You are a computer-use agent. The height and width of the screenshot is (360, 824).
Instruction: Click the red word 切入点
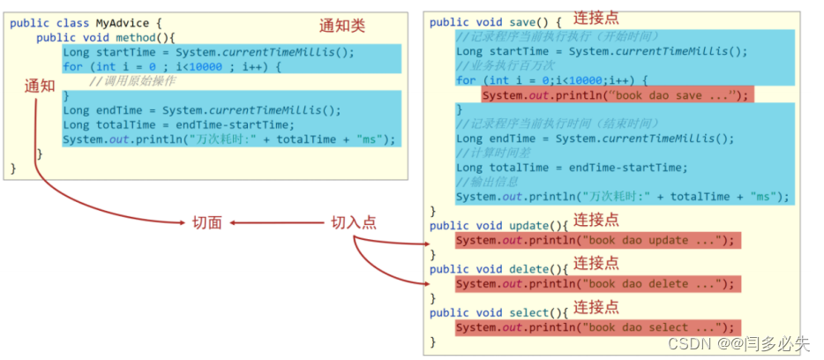click(x=353, y=223)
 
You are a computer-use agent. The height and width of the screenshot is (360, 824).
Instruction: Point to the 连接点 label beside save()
click(x=596, y=18)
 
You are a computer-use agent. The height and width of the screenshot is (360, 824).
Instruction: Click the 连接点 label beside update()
click(x=596, y=220)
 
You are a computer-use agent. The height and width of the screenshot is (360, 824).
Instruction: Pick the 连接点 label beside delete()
click(x=596, y=263)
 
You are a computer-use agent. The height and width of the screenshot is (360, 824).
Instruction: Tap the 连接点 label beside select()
click(x=596, y=306)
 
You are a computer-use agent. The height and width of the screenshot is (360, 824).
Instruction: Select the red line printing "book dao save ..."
click(x=615, y=95)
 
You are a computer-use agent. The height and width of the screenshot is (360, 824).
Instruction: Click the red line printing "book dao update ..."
click(x=595, y=240)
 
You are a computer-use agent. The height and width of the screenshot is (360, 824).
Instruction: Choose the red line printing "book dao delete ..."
click(x=595, y=283)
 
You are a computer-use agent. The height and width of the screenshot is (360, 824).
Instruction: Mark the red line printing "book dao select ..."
click(x=595, y=327)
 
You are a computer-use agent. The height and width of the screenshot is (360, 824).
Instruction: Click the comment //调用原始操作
click(x=133, y=81)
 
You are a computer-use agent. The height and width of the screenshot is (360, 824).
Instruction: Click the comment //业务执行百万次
click(x=506, y=66)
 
